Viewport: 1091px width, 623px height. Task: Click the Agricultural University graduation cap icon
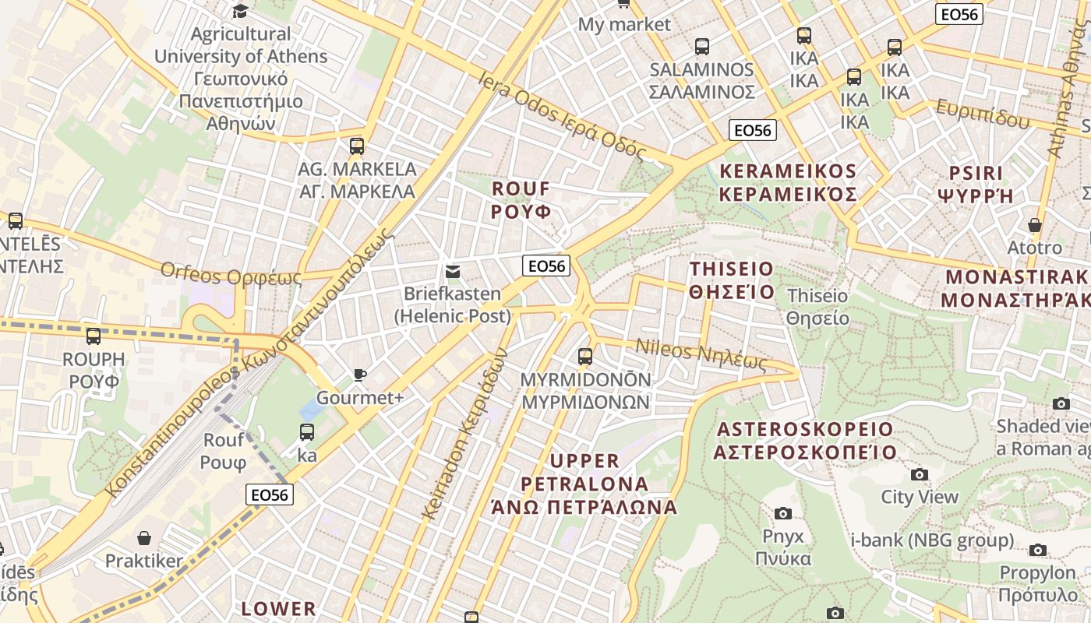[x=240, y=11]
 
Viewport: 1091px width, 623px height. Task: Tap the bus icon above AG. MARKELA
[x=357, y=146]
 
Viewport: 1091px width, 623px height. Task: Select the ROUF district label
[x=521, y=200]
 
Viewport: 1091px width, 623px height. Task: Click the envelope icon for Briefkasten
[x=452, y=272]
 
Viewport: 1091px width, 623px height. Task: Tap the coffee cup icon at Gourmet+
[x=359, y=375]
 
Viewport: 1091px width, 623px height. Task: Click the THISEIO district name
[x=732, y=280]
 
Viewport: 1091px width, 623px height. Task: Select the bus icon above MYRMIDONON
[x=585, y=357]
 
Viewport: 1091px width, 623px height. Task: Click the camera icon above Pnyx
[x=783, y=513]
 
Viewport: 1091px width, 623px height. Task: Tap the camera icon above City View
[x=920, y=474]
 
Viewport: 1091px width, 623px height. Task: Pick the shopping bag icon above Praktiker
[x=144, y=538]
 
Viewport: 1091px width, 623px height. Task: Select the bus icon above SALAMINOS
[x=702, y=47]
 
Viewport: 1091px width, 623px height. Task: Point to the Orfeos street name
[x=231, y=274]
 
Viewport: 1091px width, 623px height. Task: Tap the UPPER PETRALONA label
[x=584, y=484]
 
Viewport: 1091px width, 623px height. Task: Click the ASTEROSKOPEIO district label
[x=806, y=441]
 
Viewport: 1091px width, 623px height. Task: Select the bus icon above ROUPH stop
[x=94, y=336]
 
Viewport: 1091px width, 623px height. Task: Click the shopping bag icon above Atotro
[x=1035, y=226]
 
